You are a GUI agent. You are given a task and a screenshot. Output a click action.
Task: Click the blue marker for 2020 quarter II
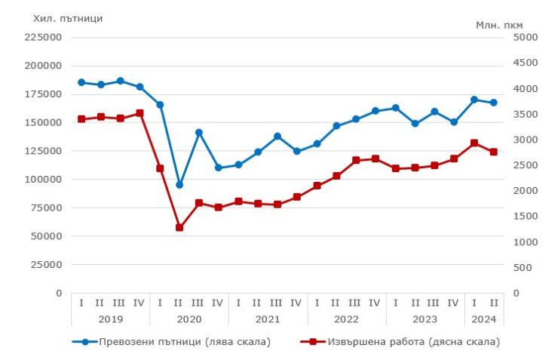179,185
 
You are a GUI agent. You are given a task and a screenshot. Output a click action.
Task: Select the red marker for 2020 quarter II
179,227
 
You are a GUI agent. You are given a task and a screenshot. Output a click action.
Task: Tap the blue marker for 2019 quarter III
121,81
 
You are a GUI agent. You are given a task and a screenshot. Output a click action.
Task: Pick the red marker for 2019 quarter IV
140,113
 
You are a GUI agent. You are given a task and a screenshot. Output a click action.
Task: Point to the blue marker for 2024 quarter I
474,100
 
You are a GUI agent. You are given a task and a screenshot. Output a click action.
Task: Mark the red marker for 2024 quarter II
494,152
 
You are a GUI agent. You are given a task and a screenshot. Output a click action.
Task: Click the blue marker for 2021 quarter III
277,137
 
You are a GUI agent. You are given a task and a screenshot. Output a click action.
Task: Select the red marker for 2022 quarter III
356,160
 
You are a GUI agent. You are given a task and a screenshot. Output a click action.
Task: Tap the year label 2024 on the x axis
484,318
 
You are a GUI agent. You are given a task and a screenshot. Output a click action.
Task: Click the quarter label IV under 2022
376,303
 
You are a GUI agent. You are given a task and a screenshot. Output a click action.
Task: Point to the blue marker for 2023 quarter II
415,123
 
